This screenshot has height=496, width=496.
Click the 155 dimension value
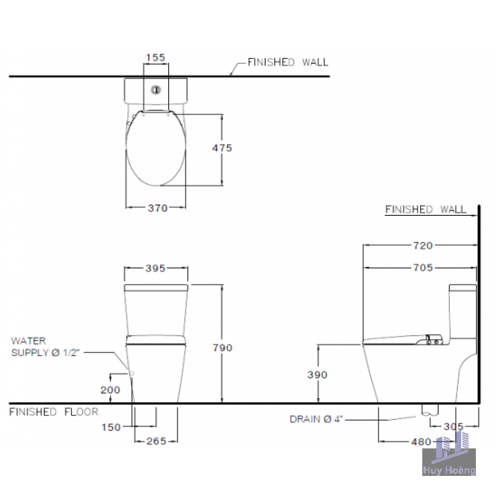(x=156, y=58)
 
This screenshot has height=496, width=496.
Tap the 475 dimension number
(x=222, y=147)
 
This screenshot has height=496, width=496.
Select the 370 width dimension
(x=158, y=208)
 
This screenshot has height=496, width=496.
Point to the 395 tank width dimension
(x=156, y=268)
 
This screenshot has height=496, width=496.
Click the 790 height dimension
(x=223, y=348)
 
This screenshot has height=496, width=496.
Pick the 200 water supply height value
(x=111, y=389)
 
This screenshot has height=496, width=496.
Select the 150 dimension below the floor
(x=111, y=428)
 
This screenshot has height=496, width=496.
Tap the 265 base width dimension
(x=156, y=441)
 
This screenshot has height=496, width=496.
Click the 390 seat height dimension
(x=317, y=375)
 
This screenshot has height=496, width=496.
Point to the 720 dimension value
(x=423, y=245)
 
